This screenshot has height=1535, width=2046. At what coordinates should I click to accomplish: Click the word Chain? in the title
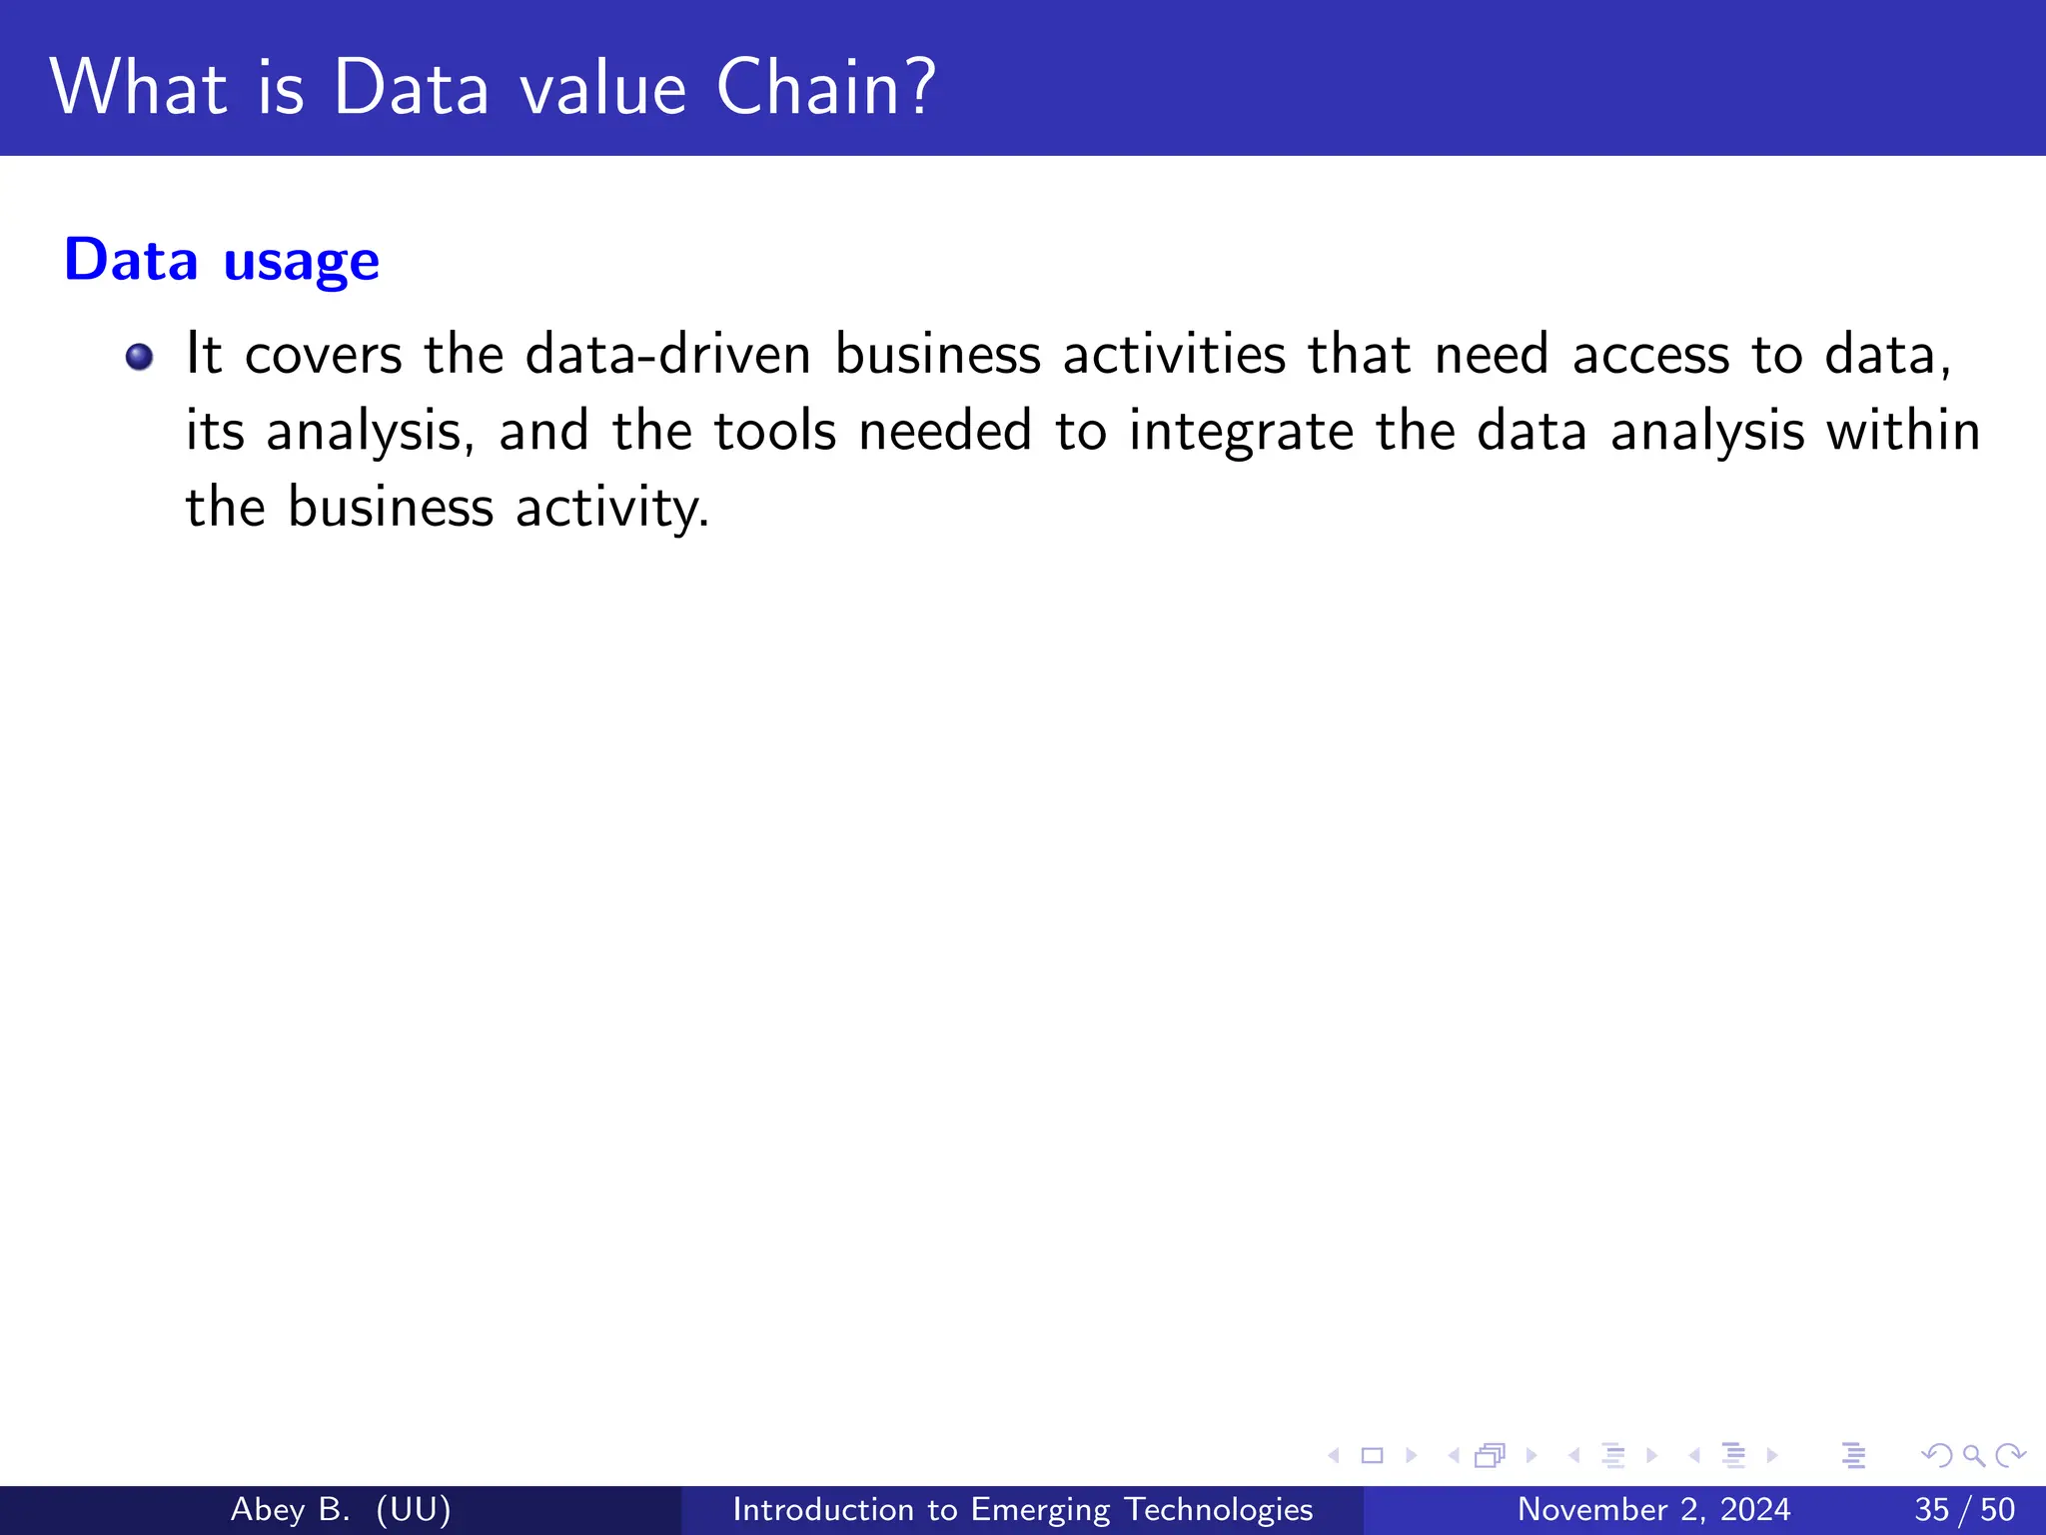(826, 88)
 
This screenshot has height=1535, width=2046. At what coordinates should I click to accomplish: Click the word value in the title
(602, 88)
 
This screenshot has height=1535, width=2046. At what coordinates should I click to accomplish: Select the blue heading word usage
(301, 262)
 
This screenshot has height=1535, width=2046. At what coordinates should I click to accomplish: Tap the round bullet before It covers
(140, 357)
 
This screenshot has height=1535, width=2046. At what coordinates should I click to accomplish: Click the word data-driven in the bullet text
(667, 355)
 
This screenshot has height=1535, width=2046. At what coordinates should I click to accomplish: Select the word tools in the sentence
(774, 432)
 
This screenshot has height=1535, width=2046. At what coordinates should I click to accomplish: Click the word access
(1650, 355)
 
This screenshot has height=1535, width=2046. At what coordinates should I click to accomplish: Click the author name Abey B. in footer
(290, 1509)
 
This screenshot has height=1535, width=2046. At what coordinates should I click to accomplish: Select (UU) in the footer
(414, 1509)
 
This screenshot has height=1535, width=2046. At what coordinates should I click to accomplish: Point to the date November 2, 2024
(1653, 1509)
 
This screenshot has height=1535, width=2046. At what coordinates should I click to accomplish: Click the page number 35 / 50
(1964, 1509)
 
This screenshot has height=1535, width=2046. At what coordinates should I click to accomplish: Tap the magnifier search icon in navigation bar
(1973, 1455)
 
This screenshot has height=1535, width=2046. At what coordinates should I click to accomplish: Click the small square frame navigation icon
(1372, 1455)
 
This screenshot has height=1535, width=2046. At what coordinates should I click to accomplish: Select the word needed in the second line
(944, 432)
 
